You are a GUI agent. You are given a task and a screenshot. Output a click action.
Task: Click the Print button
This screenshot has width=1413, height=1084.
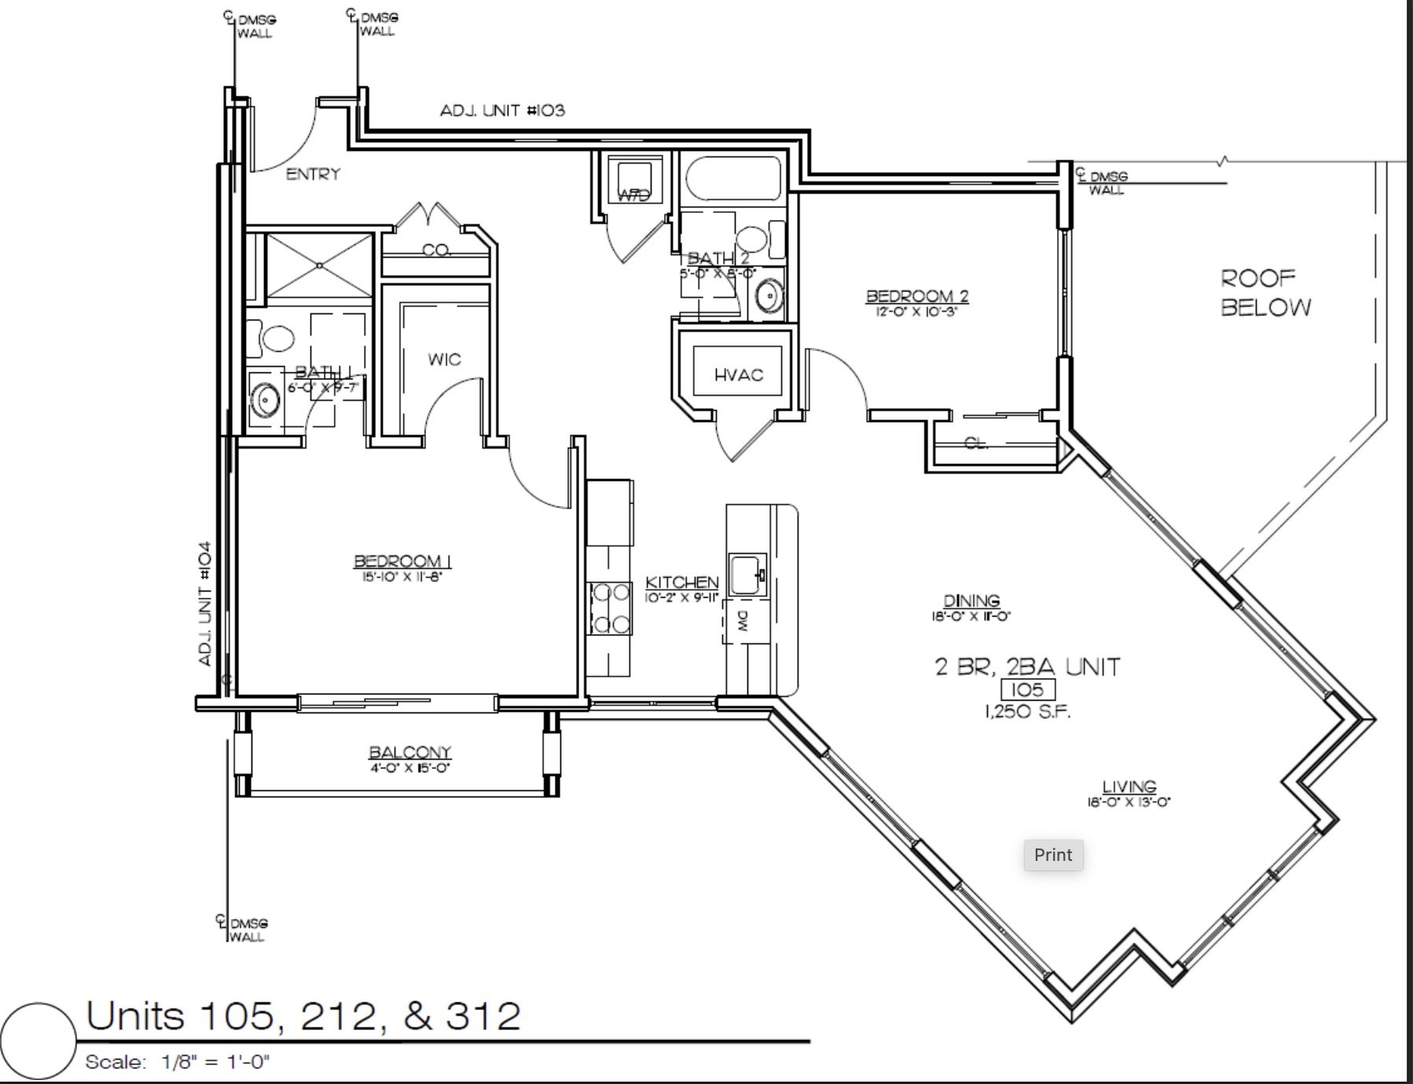(1053, 855)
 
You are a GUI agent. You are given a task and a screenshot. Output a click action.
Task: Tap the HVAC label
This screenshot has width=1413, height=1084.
(738, 375)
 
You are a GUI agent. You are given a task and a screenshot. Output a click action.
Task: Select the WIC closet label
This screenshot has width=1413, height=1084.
(444, 359)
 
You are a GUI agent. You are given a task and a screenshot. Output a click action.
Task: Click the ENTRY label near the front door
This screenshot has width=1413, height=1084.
(313, 174)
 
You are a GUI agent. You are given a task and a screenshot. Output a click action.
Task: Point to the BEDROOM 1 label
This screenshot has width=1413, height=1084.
(402, 561)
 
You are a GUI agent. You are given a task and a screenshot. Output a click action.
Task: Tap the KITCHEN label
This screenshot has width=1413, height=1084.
(681, 582)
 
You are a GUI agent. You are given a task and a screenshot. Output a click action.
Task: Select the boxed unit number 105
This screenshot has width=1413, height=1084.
(1027, 690)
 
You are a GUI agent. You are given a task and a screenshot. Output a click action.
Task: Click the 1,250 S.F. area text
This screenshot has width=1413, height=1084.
(1027, 712)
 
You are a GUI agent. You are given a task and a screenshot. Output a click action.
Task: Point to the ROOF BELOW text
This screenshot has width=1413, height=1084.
(1265, 292)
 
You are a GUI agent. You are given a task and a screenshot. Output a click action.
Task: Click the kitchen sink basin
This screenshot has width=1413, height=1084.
(747, 574)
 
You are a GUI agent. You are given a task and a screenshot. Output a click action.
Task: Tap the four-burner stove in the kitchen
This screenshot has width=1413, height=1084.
(611, 608)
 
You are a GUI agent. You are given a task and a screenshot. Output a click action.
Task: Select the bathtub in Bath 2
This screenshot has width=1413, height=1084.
(733, 179)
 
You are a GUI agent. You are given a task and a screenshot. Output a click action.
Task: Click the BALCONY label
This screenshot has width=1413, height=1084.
(409, 753)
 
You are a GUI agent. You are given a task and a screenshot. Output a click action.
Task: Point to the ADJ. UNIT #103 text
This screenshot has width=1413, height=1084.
(502, 111)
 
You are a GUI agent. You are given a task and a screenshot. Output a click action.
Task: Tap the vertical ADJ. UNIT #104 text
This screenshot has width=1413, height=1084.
(205, 603)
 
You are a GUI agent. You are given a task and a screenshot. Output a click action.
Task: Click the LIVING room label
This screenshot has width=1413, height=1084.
(1129, 786)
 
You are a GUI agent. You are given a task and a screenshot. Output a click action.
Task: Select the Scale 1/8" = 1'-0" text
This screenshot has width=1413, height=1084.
(178, 1062)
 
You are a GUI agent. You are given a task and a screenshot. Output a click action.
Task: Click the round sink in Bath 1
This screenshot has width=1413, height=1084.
(266, 400)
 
